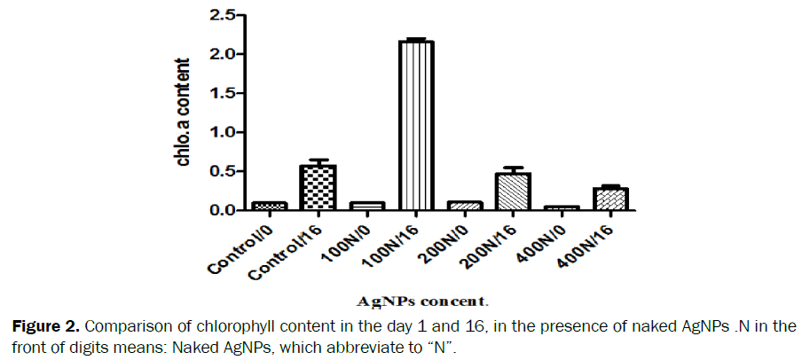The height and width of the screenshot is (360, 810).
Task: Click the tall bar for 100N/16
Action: pyautogui.click(x=415, y=125)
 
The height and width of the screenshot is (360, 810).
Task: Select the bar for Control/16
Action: pyautogui.click(x=318, y=187)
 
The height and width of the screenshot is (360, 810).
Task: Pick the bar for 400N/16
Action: pyautogui.click(x=610, y=199)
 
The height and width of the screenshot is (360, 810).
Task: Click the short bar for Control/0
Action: pyautogui.click(x=269, y=206)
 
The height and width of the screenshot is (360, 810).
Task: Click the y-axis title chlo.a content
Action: pyautogui.click(x=184, y=113)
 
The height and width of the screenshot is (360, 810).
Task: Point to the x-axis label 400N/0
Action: pyautogui.click(x=543, y=240)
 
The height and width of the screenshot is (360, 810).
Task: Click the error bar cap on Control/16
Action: pyautogui.click(x=318, y=160)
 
